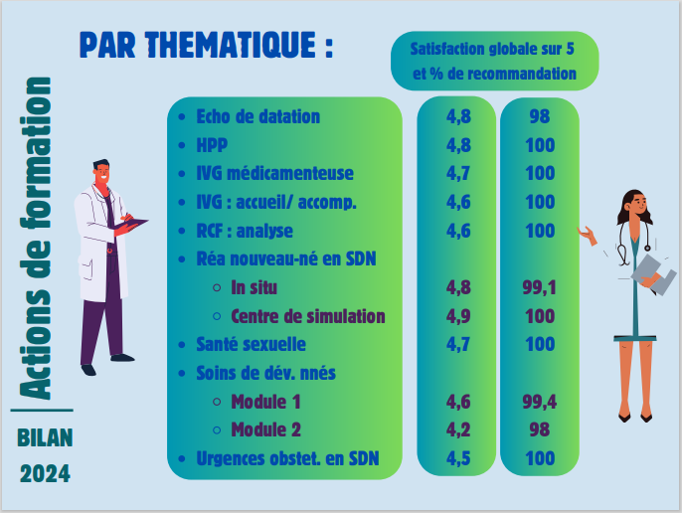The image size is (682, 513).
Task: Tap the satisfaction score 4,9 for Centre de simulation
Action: [x=458, y=316]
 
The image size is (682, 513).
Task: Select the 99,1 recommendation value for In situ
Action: [x=539, y=288]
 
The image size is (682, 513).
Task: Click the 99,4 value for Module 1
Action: [x=539, y=402]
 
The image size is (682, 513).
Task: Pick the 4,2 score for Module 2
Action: [x=458, y=429]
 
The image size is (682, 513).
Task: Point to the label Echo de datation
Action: [x=257, y=116]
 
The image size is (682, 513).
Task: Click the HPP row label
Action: [x=212, y=145]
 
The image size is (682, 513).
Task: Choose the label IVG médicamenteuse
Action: [x=274, y=174]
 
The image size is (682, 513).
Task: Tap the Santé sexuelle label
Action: [x=251, y=345]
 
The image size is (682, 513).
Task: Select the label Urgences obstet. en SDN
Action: [x=287, y=458]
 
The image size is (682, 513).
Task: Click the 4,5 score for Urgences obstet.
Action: [x=458, y=458]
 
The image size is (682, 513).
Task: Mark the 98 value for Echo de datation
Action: [x=540, y=116]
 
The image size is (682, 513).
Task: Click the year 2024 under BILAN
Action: [x=45, y=474]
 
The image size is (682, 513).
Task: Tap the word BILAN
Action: [x=45, y=437]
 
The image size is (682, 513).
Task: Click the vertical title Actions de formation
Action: [x=36, y=239]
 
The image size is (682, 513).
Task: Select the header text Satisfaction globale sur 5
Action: [x=492, y=49]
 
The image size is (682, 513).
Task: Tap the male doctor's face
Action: [x=102, y=173]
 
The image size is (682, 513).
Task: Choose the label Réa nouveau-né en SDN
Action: [x=286, y=258]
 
